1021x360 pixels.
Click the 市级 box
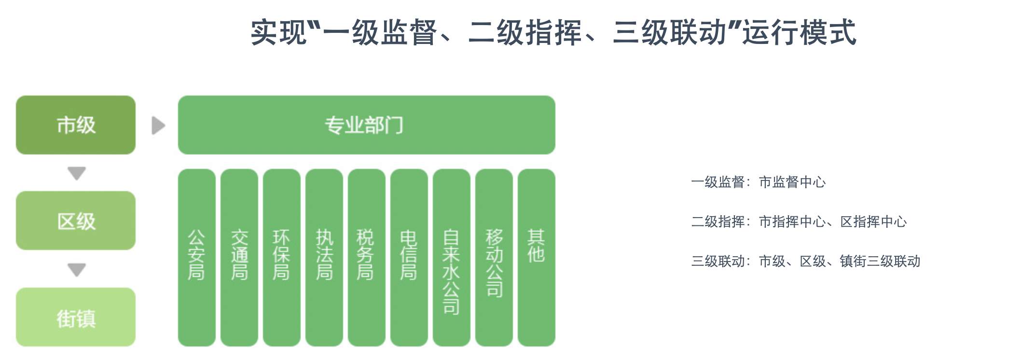[x=76, y=125]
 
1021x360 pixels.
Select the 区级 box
[x=76, y=221]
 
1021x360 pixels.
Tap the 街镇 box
[x=76, y=317]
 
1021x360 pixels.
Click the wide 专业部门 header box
[x=366, y=125]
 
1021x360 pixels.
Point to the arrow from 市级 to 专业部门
[x=158, y=125]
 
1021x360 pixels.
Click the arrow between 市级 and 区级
[x=77, y=173]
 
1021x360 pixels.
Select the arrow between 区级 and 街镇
[x=77, y=269]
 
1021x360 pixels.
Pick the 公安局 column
[x=196, y=257]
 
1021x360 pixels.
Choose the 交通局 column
[x=239, y=257]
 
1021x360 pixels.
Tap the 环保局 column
[x=281, y=257]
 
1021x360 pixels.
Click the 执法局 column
[x=324, y=257]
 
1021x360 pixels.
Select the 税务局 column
[x=366, y=257]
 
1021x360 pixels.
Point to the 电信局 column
[x=409, y=257]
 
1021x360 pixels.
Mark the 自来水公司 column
[x=451, y=257]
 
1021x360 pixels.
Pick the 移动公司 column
[x=494, y=257]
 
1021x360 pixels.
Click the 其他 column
[x=536, y=257]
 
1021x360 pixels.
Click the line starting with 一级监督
[x=758, y=182]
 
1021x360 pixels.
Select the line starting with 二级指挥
[x=799, y=222]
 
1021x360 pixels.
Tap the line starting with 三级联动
[x=805, y=261]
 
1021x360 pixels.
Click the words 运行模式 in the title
[x=799, y=33]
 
